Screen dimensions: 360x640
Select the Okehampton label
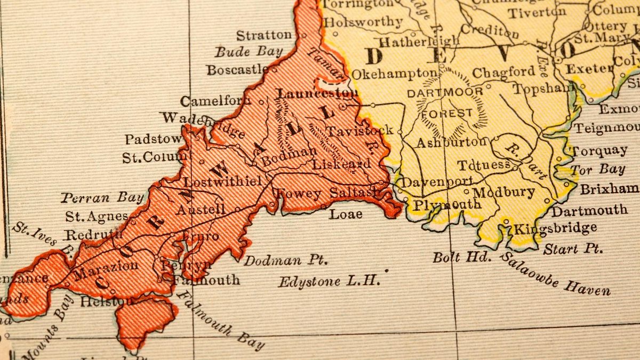coord(394,73)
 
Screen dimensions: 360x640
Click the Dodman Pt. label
coord(285,261)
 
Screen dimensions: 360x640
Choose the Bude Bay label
coord(249,52)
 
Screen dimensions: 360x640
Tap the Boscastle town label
coord(238,69)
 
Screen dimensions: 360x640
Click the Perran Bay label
coord(102,198)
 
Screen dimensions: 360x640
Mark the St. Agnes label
coord(97,216)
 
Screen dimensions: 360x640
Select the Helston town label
coord(104,301)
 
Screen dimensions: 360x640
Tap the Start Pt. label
coord(573,249)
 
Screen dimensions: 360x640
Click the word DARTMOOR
coord(445,92)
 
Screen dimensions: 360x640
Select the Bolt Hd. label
coord(461,257)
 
